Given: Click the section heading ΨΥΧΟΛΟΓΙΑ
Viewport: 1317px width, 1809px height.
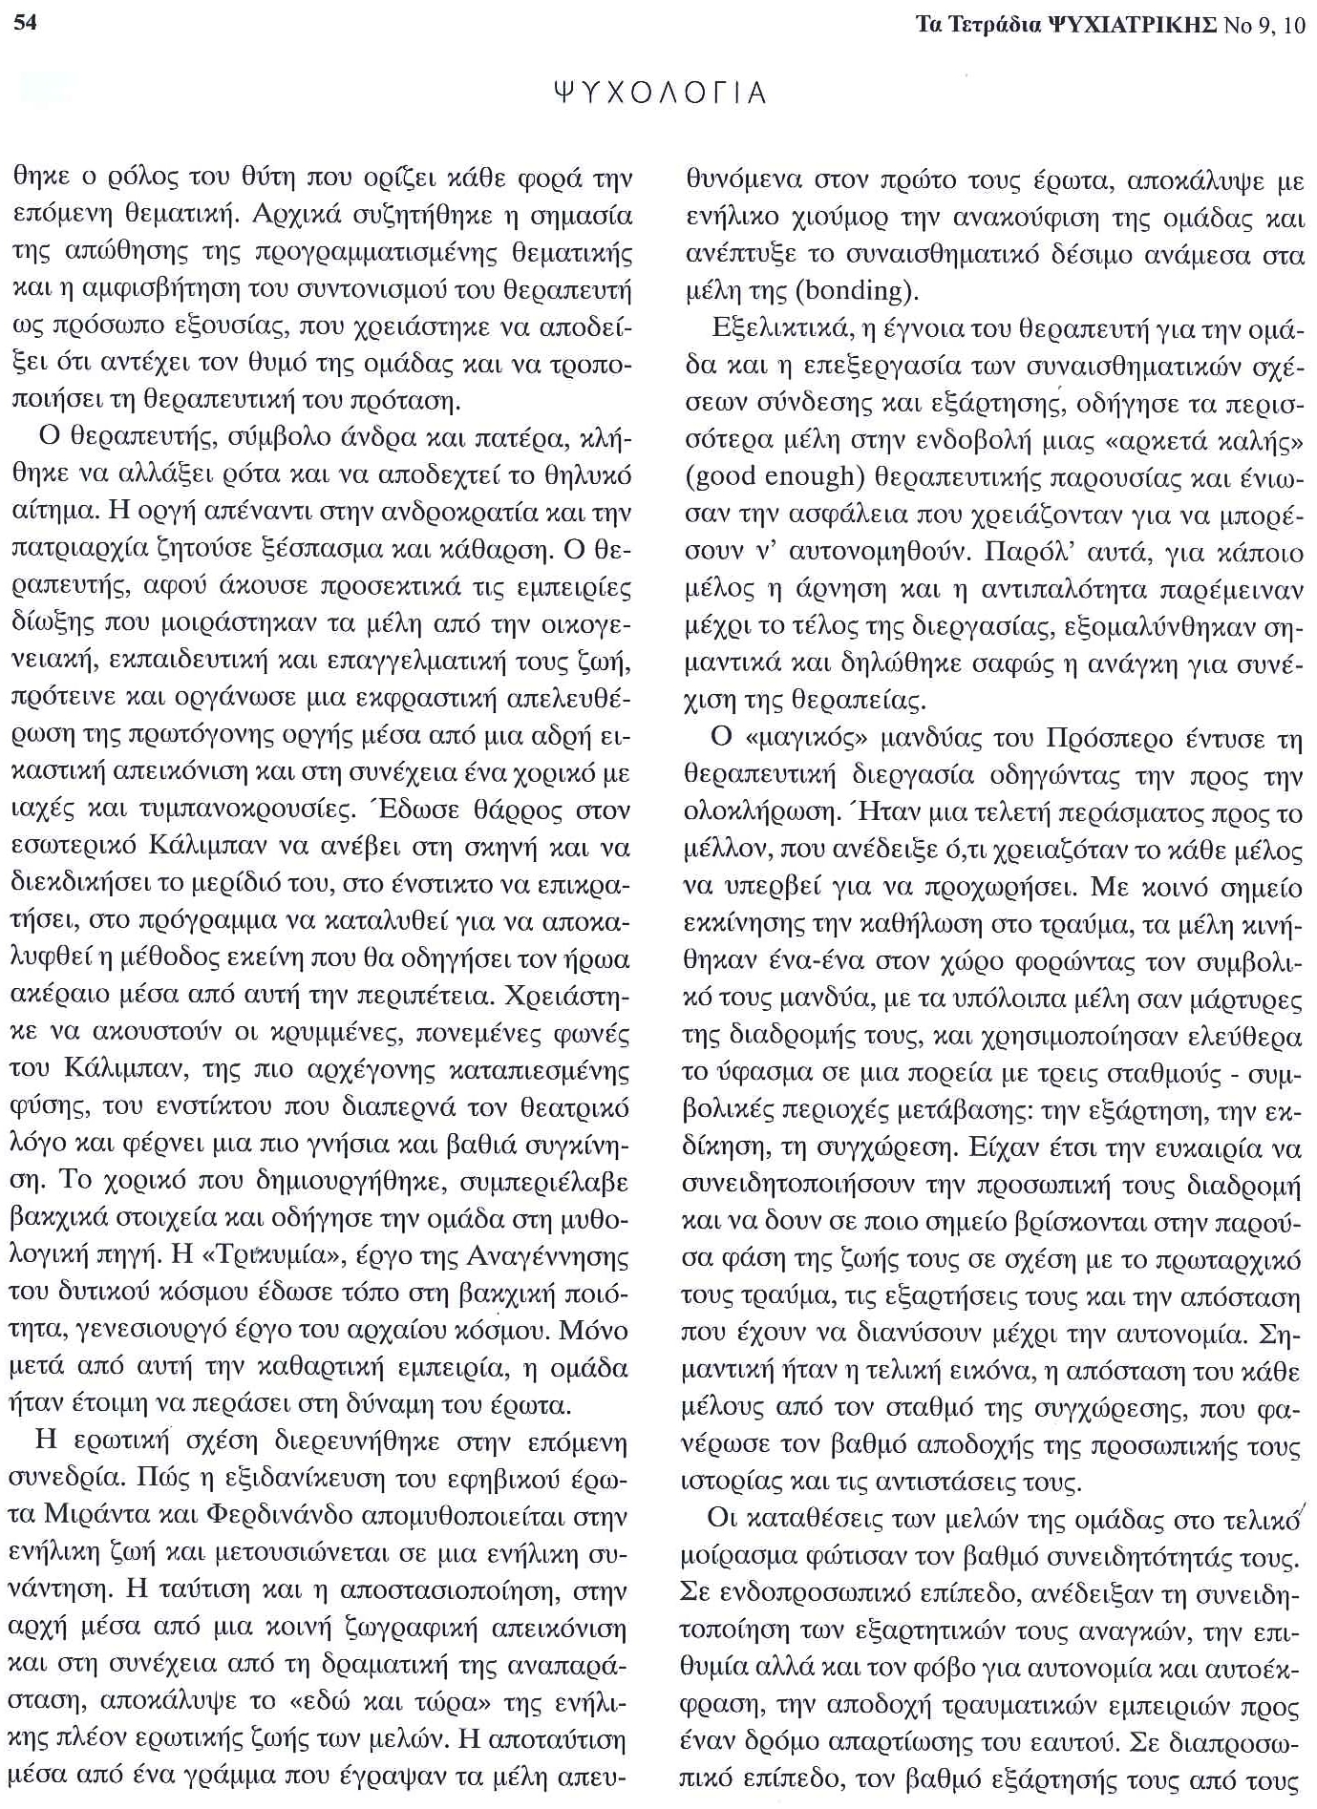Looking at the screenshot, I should (x=659, y=93).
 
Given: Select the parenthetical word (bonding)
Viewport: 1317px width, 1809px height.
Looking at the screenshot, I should (x=840, y=290).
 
